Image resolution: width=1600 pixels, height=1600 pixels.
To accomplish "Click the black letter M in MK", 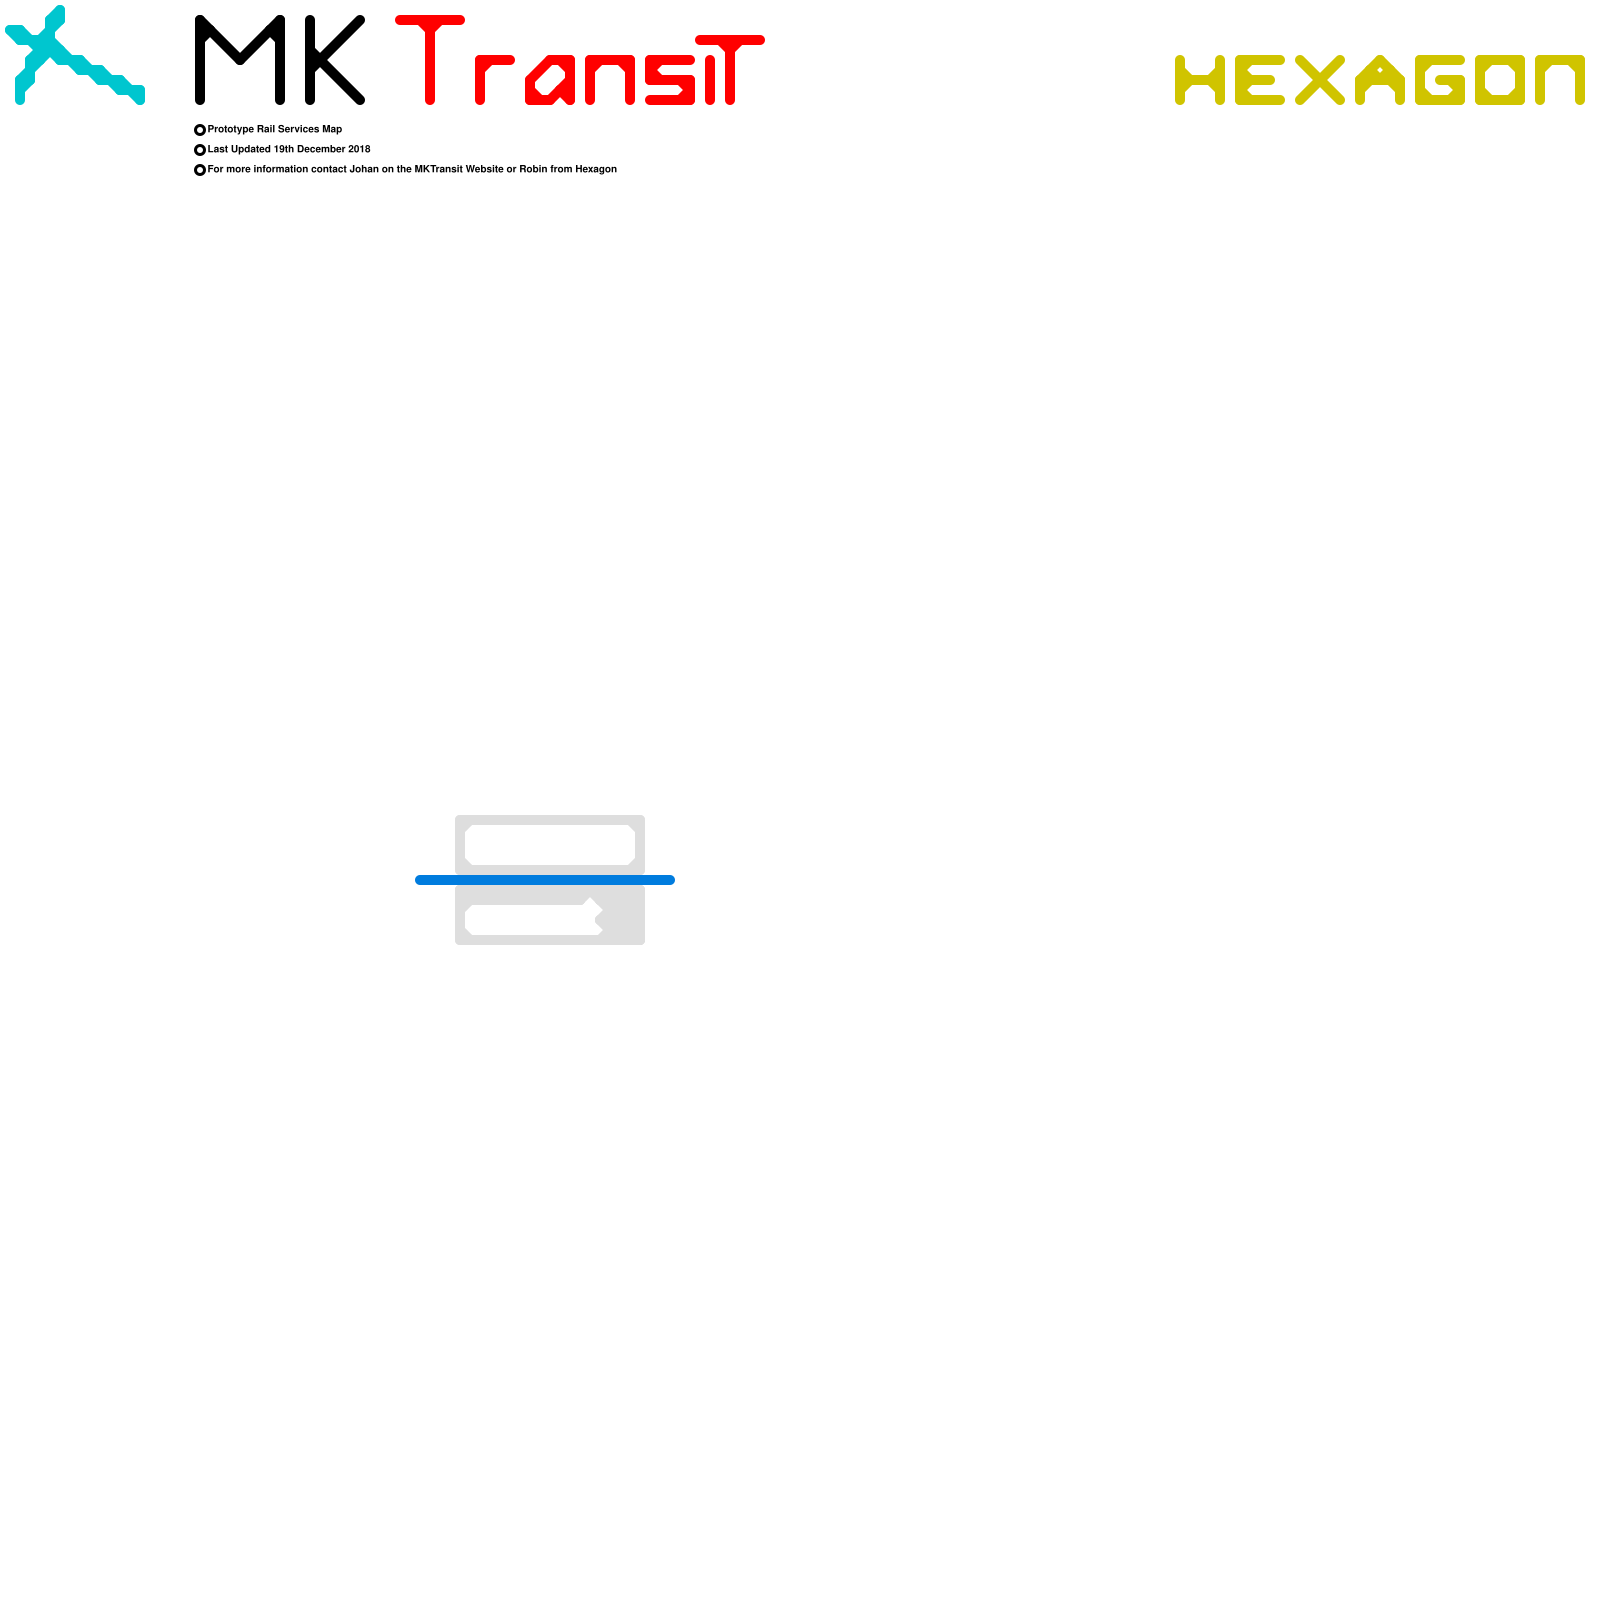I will pyautogui.click(x=240, y=60).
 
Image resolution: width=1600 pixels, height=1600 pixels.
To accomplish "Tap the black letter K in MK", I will pyautogui.click(x=334, y=60).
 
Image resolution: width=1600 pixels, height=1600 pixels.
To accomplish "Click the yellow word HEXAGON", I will pyautogui.click(x=1379, y=80).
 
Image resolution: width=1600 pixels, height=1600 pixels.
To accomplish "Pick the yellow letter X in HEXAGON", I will pyautogui.click(x=1320, y=80).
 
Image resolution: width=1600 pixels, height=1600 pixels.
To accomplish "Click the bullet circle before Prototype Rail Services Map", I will pyautogui.click(x=200, y=130).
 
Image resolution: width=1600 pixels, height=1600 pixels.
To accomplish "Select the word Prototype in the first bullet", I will pyautogui.click(x=231, y=129).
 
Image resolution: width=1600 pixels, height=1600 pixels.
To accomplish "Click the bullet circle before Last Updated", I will pyautogui.click(x=200, y=150).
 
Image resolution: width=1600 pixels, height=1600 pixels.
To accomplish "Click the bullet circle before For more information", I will pyautogui.click(x=200, y=170).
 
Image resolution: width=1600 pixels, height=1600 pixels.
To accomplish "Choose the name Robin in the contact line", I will pyautogui.click(x=533, y=169).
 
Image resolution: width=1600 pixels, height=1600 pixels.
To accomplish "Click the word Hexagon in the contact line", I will pyautogui.click(x=596, y=169).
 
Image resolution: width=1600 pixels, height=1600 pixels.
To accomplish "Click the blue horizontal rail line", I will pyautogui.click(x=545, y=880).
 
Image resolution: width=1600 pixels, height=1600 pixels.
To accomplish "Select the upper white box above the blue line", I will pyautogui.click(x=550, y=845).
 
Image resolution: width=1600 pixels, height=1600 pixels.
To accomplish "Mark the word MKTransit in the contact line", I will pyautogui.click(x=439, y=169).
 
